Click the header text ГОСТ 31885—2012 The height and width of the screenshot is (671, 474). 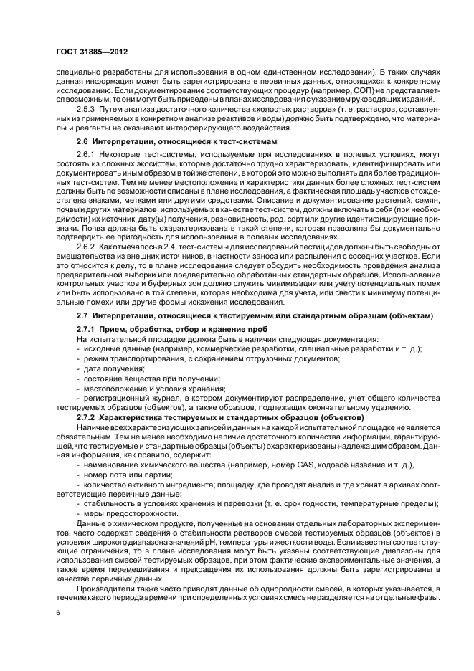87,52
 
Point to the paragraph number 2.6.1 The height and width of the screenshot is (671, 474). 87,156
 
